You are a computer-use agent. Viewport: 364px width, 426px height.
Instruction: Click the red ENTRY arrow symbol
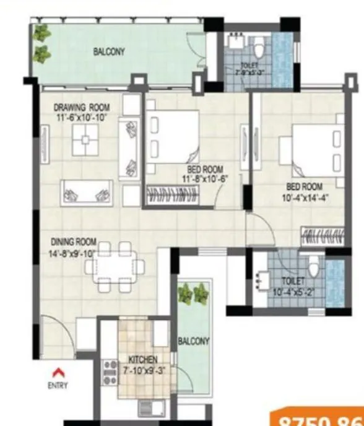[x=58, y=372]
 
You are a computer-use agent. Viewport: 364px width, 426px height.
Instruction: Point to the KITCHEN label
[x=143, y=359]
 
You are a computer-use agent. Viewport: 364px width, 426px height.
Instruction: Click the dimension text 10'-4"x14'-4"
[x=304, y=198]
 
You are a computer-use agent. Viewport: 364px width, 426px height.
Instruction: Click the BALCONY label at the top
[x=109, y=52]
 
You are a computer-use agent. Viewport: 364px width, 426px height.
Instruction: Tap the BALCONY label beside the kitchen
[x=193, y=341]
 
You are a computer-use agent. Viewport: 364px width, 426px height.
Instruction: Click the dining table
[x=115, y=266]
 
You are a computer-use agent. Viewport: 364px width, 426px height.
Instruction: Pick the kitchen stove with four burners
[x=110, y=373]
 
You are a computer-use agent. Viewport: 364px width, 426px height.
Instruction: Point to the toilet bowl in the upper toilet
[x=260, y=46]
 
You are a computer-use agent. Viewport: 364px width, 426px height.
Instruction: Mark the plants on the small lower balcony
[x=193, y=293]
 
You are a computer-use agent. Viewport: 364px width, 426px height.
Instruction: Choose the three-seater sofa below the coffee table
[x=87, y=193]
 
